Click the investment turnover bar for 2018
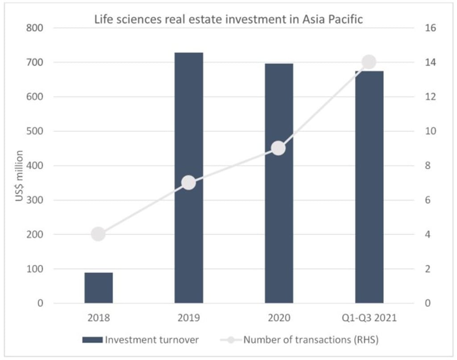click(99, 288)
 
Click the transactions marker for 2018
click(98, 234)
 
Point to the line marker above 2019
click(189, 183)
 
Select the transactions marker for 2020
click(278, 148)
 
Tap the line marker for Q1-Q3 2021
click(369, 62)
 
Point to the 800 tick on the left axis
click(35, 28)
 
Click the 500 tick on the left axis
click(35, 131)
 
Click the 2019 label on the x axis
click(189, 318)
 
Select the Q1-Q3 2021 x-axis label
click(369, 318)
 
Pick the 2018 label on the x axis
click(99, 318)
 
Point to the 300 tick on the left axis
click(35, 200)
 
